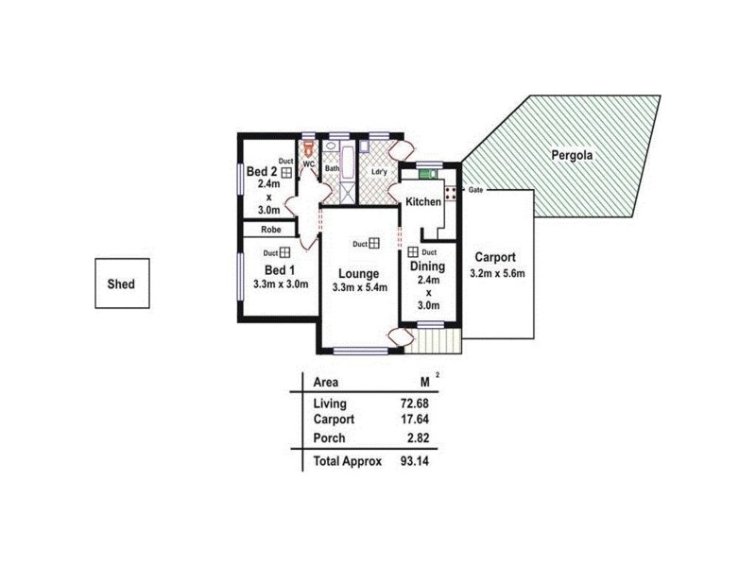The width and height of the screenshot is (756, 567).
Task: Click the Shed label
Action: tap(120, 283)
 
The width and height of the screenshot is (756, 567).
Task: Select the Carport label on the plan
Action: tap(496, 257)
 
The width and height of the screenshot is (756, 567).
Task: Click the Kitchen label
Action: tap(423, 203)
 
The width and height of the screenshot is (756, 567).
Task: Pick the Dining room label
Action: tap(427, 266)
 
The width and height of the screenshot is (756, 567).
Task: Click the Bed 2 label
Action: tap(262, 172)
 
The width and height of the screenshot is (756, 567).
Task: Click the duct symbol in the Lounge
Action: tap(374, 244)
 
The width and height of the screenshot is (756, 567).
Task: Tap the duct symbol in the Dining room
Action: tap(414, 252)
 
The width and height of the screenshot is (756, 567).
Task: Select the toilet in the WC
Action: tap(307, 149)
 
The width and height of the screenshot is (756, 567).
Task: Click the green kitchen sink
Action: tap(425, 174)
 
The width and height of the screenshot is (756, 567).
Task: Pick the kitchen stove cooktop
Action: tap(451, 192)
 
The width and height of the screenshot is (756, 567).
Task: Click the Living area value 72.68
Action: tap(415, 404)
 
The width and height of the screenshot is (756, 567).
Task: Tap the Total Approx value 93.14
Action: tap(415, 461)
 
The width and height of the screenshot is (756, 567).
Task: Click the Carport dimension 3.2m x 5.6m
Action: tap(496, 274)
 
